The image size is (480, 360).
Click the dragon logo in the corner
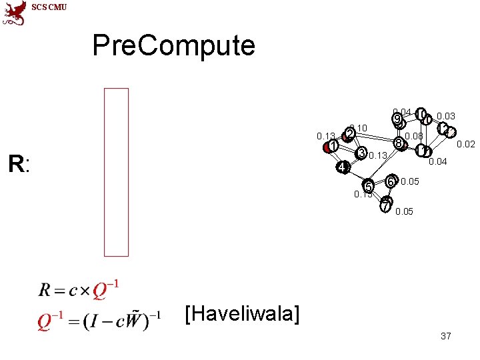coord(14,13)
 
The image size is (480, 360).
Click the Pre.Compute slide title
coord(173,45)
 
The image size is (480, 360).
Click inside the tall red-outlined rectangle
coord(116,172)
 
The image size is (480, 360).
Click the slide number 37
coord(446,336)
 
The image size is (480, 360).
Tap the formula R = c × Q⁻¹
coord(79,290)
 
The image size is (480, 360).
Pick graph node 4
coord(341,167)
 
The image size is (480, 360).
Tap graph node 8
coord(398,143)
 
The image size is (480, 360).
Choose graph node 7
coord(385,205)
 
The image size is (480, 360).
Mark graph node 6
coord(391,181)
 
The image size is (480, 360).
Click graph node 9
coord(397,120)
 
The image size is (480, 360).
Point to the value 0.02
coord(465,145)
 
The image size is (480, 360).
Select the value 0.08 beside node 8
coord(414,137)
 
